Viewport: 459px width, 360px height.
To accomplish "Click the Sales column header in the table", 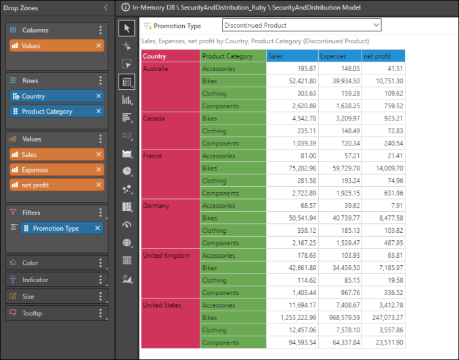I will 291,56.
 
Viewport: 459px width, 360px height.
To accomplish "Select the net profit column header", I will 383,56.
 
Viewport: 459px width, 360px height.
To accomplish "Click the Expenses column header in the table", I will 338,56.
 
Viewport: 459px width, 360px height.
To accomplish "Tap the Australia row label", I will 156,69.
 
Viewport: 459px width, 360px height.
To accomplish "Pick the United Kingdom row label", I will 162,256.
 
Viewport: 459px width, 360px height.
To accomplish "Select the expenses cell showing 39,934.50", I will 340,81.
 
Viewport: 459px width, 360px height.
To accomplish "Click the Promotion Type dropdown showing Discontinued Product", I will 301,26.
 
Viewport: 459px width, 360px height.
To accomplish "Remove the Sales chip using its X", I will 99,155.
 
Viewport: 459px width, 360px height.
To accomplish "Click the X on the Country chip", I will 99,97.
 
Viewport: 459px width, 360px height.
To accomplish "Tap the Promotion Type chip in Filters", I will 56,229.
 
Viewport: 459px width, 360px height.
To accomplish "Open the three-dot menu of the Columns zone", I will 100,30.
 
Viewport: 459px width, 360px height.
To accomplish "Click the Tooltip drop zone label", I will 32,313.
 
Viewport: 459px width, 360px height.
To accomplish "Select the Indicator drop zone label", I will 35,279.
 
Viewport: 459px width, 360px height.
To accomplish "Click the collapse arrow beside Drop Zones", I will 106,7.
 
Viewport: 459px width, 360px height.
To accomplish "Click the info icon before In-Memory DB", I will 125,7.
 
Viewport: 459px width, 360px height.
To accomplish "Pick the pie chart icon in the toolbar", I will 127,171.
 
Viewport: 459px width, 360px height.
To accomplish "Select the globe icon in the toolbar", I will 127,242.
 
